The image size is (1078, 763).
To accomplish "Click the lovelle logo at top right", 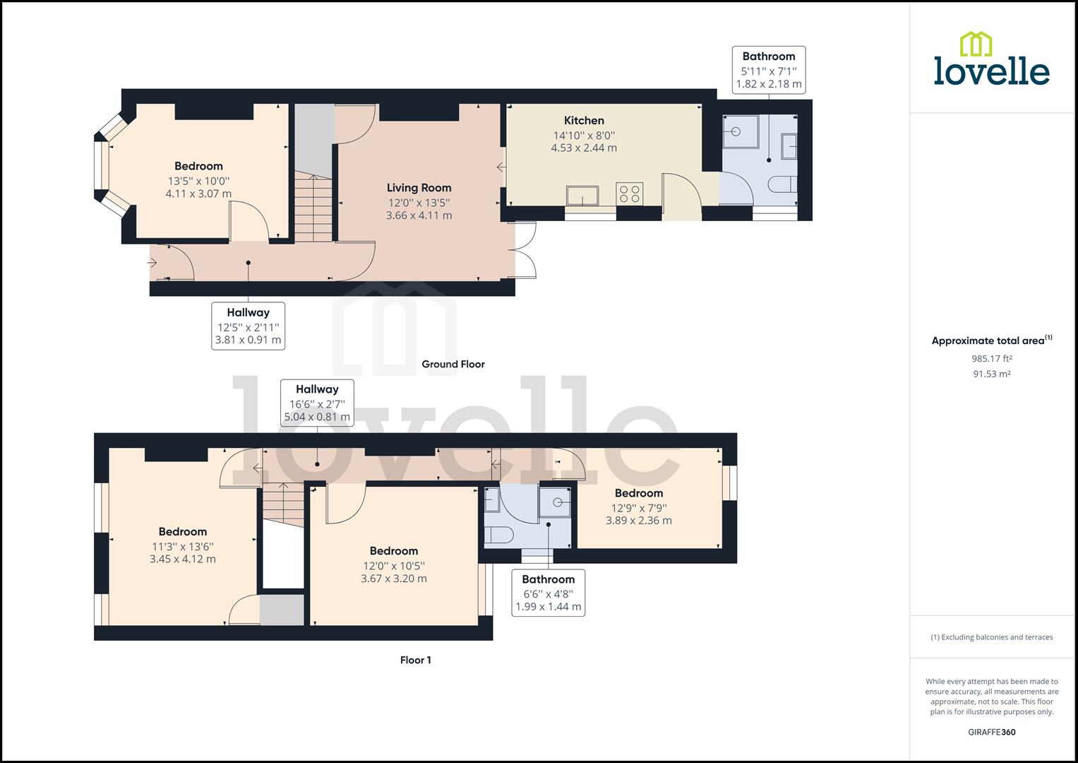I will pyautogui.click(x=991, y=59).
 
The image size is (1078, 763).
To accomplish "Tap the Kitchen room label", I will pyautogui.click(x=584, y=121).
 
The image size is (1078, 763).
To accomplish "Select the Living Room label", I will pyautogui.click(x=419, y=188).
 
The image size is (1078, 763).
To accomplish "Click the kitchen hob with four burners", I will pyautogui.click(x=630, y=193).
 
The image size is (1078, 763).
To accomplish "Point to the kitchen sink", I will pyautogui.click(x=582, y=195).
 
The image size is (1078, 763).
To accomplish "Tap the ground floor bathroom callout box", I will pyautogui.click(x=769, y=70).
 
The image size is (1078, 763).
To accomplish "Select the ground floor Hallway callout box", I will pyautogui.click(x=248, y=326).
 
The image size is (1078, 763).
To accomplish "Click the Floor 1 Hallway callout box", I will pyautogui.click(x=317, y=403).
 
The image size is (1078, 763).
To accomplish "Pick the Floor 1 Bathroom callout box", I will pyautogui.click(x=549, y=593).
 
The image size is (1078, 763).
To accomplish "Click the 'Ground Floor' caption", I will pyautogui.click(x=453, y=365).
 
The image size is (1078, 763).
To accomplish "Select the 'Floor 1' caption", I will pyautogui.click(x=415, y=661).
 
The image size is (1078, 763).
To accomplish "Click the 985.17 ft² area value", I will pyautogui.click(x=991, y=358).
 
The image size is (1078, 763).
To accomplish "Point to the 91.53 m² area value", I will pyautogui.click(x=991, y=374).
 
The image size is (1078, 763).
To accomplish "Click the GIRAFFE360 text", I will pyautogui.click(x=991, y=732).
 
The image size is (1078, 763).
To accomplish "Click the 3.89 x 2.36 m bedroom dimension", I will pyautogui.click(x=638, y=521).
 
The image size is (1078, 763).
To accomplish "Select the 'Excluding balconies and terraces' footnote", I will pyautogui.click(x=991, y=637).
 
